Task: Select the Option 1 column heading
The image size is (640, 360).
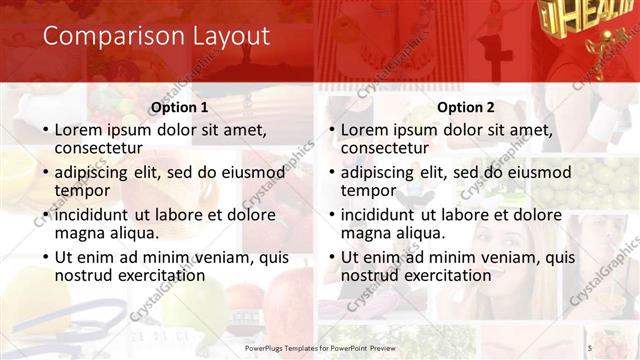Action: tap(179, 107)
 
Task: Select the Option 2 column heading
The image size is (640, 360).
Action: tap(466, 107)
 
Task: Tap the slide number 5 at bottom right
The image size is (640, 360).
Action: tap(589, 348)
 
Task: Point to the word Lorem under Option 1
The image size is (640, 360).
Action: tap(79, 130)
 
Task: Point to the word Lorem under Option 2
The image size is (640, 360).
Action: tap(366, 130)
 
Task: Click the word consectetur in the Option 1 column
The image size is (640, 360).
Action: tap(104, 148)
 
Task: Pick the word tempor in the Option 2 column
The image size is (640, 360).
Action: tap(369, 190)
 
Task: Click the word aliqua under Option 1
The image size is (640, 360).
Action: tap(134, 233)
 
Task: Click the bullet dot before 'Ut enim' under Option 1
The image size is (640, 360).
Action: tap(45, 257)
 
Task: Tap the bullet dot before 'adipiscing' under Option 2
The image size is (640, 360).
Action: tap(331, 172)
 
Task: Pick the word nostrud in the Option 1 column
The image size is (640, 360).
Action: tap(84, 275)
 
